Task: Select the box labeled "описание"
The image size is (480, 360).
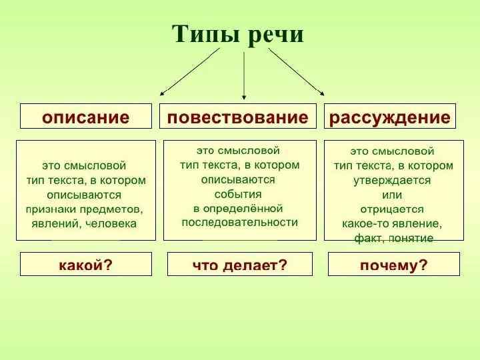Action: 85,118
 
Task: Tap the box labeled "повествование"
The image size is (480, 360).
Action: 238,118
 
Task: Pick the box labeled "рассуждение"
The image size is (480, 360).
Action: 390,118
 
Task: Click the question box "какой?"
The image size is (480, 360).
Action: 85,265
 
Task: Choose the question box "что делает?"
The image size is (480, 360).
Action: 239,265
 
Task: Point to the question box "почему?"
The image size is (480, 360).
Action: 393,265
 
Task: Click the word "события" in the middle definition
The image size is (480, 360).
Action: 238,194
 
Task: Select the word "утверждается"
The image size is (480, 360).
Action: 392,180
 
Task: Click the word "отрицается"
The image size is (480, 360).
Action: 392,209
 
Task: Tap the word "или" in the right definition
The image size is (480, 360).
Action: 392,195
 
